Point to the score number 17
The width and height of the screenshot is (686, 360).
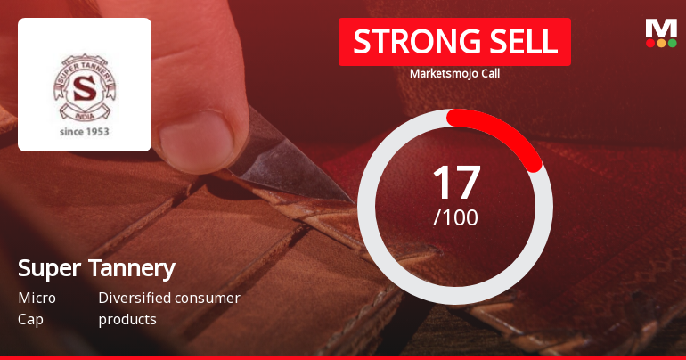455,182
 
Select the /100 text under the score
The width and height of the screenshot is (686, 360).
455,217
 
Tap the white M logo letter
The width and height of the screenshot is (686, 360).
661,28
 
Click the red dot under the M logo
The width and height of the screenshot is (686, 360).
650,43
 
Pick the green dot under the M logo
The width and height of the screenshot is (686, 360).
672,43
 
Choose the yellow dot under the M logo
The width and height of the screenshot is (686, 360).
661,43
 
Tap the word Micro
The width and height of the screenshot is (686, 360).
37,298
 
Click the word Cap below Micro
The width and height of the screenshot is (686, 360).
29,318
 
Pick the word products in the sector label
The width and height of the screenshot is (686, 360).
127,318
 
